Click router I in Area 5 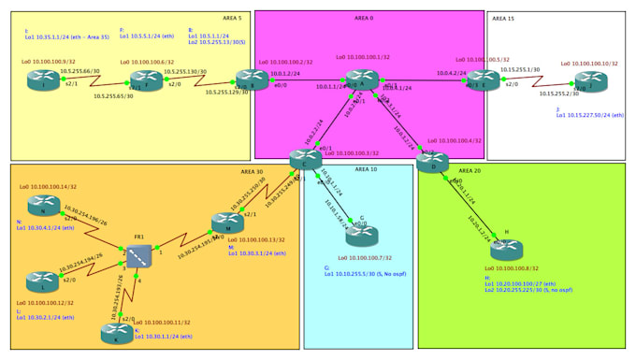click(43, 82)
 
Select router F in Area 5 click(146, 82)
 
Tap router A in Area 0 click(362, 81)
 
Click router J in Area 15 click(590, 82)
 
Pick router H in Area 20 click(506, 250)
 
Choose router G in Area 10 click(361, 237)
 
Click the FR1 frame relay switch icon click(139, 255)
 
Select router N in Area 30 click(43, 206)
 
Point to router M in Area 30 click(227, 223)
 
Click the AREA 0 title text click(364, 18)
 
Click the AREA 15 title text click(503, 18)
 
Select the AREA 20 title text click(470, 172)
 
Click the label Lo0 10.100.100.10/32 click(589, 64)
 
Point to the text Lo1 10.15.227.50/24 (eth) click(590, 115)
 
